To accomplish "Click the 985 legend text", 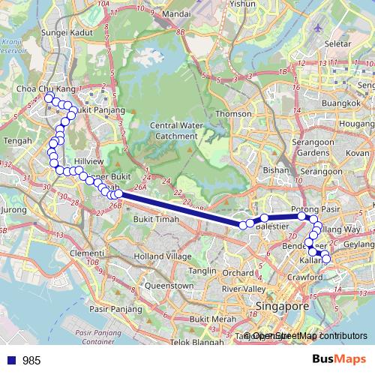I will (x=31, y=360).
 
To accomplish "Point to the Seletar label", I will (x=339, y=43).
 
